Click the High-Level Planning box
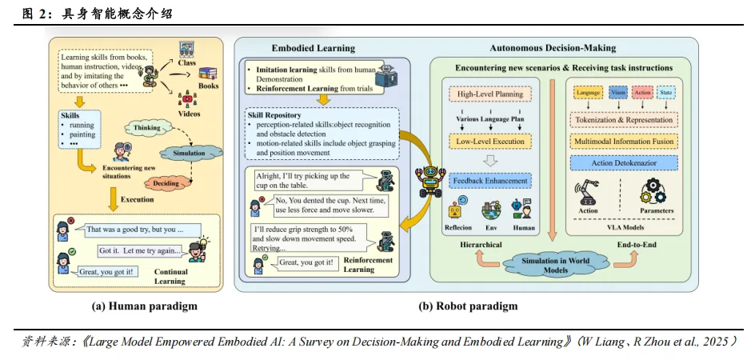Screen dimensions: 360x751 click(x=490, y=94)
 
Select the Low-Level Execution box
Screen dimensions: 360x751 click(x=490, y=142)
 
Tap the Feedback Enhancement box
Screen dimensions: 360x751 click(x=490, y=181)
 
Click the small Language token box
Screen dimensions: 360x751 click(x=588, y=94)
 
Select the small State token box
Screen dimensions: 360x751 click(x=667, y=94)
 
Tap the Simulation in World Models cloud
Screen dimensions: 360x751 click(x=557, y=266)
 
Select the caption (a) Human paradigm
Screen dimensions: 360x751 click(x=138, y=306)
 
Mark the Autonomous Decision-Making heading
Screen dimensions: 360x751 click(x=553, y=48)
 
